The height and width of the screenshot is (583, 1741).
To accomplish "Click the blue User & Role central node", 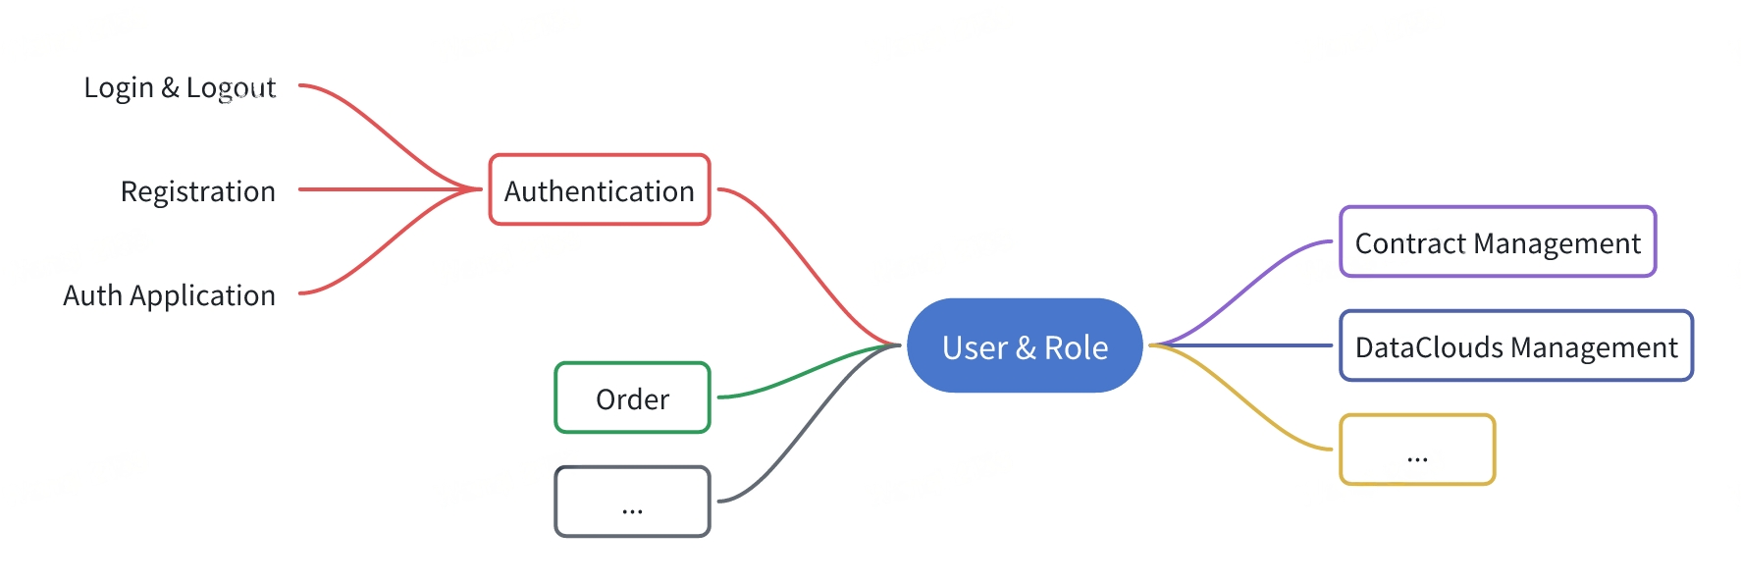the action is [1025, 345].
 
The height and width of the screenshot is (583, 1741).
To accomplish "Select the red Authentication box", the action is [600, 189].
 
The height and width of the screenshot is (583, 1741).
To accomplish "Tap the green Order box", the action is [632, 397].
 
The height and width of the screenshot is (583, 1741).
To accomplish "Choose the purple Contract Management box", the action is [1498, 241].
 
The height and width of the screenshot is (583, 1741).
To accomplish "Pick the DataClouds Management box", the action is [1516, 345].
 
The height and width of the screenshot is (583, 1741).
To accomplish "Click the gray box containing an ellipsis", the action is [632, 502].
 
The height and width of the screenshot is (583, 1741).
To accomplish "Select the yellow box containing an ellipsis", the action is [1417, 450].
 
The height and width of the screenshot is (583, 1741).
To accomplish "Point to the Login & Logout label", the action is [180, 87].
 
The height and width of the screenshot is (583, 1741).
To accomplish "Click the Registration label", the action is [197, 190].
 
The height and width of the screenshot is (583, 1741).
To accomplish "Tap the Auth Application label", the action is [169, 295].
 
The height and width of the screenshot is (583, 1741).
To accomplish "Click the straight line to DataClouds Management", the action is [1240, 345].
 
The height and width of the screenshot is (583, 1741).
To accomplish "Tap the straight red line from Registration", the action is [390, 189].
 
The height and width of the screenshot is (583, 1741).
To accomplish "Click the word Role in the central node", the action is [1076, 347].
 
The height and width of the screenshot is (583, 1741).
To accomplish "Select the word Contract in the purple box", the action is [1410, 243].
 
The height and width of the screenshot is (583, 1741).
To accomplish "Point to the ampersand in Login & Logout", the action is [170, 87].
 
